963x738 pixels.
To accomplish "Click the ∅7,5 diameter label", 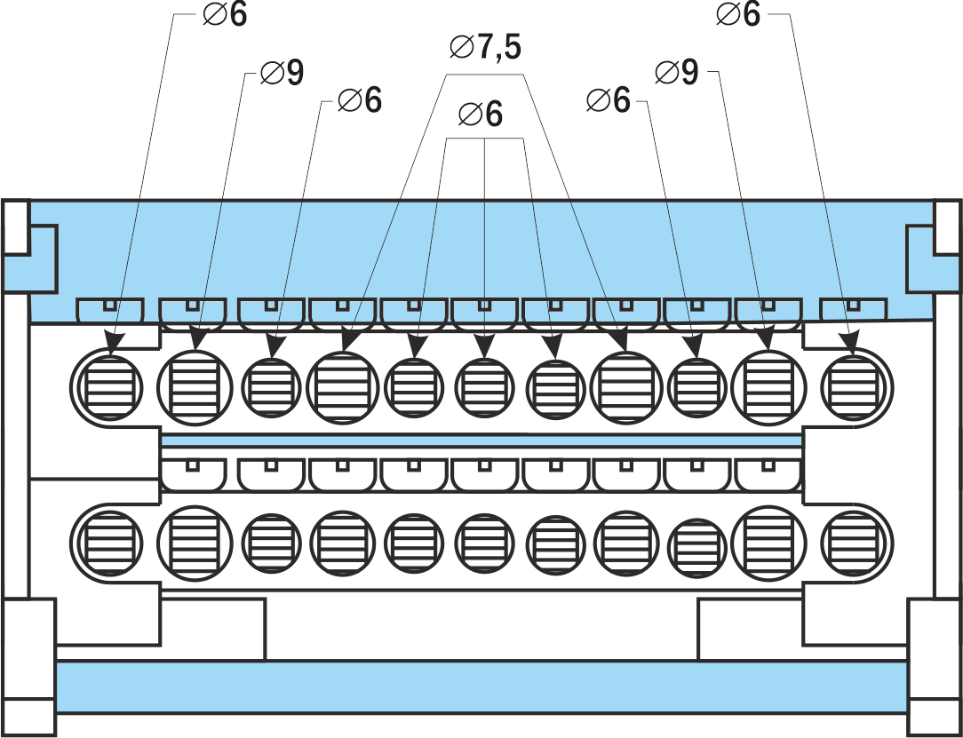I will [x=484, y=47].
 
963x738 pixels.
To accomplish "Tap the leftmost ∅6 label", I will [x=226, y=15].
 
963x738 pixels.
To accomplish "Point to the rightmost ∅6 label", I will [x=738, y=15].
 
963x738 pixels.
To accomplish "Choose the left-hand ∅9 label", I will [x=282, y=74].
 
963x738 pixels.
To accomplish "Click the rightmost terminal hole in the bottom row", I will [x=856, y=541].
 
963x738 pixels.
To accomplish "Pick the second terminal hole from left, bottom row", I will [x=195, y=541].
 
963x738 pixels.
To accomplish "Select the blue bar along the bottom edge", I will [x=481, y=686].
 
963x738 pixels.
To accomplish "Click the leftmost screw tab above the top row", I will [x=109, y=310].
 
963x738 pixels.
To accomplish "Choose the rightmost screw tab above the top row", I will [x=853, y=310].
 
